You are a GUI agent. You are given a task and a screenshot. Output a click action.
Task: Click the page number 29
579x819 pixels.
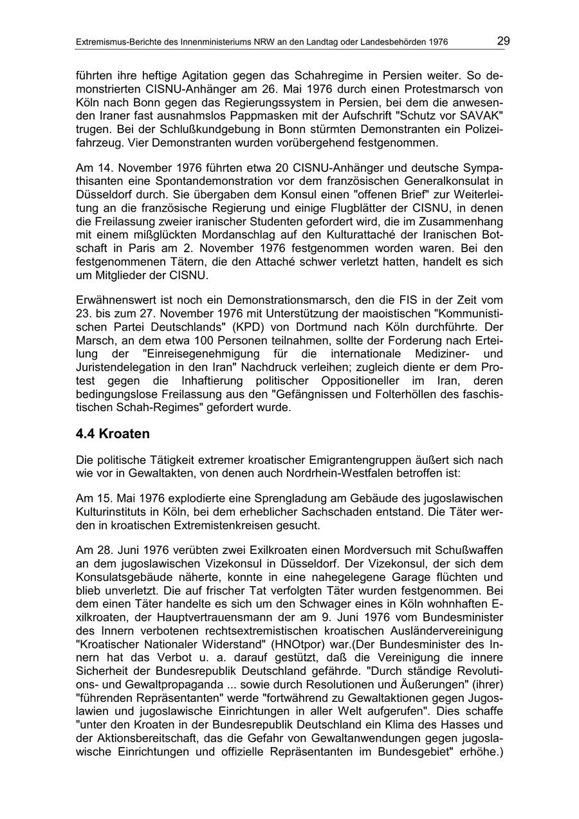[503, 41]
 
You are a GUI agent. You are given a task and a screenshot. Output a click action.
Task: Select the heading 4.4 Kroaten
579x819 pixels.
[113, 434]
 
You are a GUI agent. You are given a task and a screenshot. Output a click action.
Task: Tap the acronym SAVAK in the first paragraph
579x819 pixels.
[482, 114]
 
